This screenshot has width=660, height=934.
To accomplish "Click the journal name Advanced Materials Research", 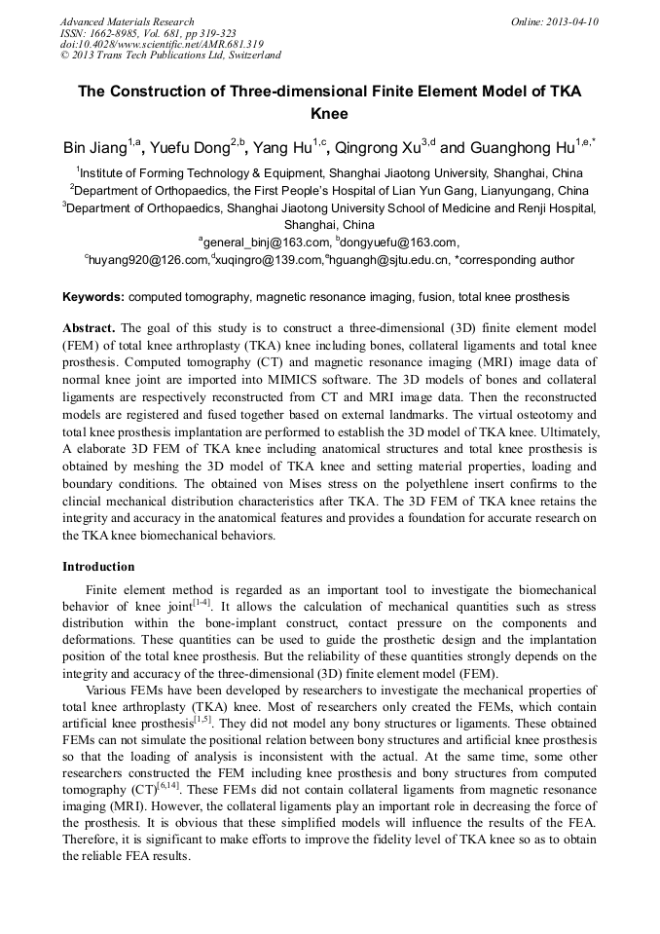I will point(127,21).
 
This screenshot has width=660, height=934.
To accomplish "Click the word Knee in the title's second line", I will point(329,113).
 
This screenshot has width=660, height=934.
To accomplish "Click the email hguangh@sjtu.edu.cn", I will point(389,260).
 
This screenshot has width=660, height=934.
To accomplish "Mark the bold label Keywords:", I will point(93,296).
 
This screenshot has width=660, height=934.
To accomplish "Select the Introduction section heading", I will point(98,566).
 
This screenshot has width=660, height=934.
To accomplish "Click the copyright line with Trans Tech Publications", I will point(171,56).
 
